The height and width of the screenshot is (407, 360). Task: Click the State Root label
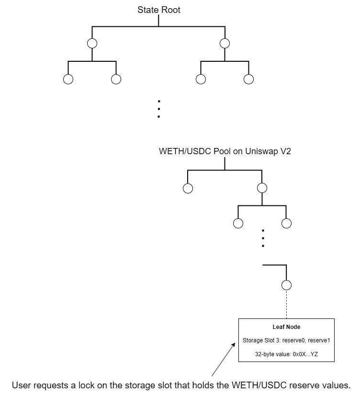pyautogui.click(x=159, y=10)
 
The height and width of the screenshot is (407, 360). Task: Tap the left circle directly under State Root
pyautogui.click(x=92, y=43)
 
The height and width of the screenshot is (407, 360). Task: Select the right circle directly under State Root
pyautogui.click(x=225, y=43)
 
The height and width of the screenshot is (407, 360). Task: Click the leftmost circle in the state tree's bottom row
pyautogui.click(x=68, y=79)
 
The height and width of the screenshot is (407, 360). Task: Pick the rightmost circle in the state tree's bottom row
pyautogui.click(x=248, y=79)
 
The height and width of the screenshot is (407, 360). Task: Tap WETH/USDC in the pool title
pyautogui.click(x=180, y=151)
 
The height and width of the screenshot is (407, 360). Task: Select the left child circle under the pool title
pyautogui.click(x=188, y=188)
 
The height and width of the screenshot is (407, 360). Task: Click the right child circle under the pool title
pyautogui.click(x=261, y=188)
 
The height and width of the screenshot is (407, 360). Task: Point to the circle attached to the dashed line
pyautogui.click(x=286, y=285)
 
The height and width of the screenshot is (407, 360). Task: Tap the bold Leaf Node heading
pyautogui.click(x=286, y=327)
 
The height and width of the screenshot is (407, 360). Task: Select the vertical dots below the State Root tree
pyautogui.click(x=159, y=109)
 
